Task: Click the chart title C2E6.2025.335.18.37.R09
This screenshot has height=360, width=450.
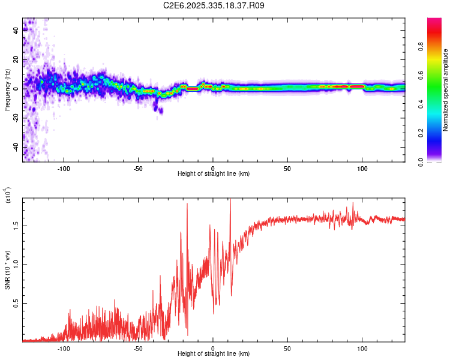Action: click(x=214, y=5)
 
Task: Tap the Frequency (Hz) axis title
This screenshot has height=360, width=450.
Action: click(x=7, y=90)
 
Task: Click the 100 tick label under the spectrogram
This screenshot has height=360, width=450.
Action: click(x=362, y=168)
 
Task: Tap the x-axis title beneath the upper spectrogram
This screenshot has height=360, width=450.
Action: click(x=214, y=174)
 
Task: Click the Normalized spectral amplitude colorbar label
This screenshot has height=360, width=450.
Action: click(x=446, y=90)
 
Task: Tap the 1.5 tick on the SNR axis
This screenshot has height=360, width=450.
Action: click(x=16, y=225)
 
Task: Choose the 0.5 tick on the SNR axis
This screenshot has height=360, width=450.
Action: click(x=16, y=304)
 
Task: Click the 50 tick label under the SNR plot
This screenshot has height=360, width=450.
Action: click(x=287, y=348)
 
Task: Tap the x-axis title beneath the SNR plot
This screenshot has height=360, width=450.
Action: click(x=214, y=354)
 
